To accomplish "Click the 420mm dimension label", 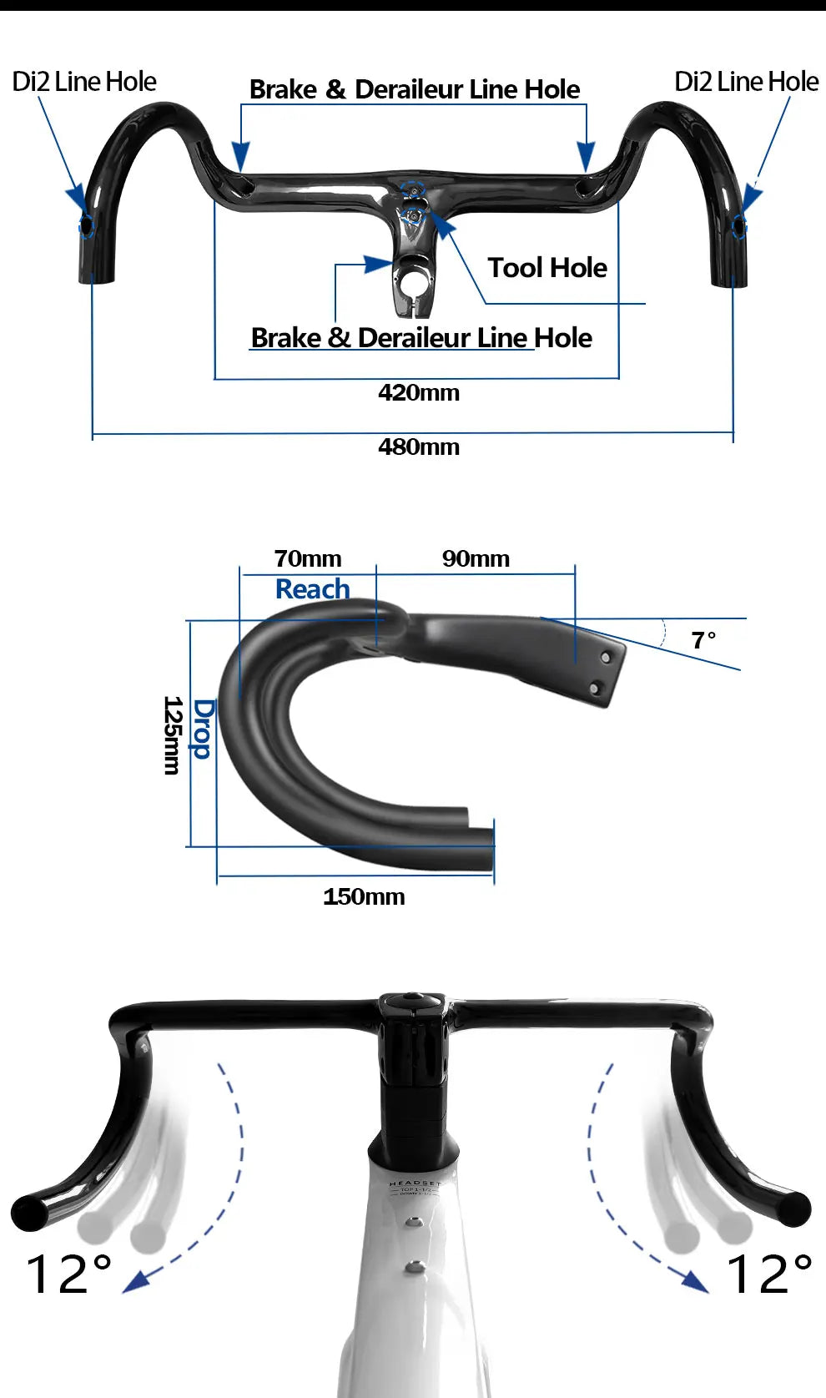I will [418, 392].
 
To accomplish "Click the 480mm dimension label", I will [418, 447].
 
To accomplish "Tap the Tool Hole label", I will [547, 268].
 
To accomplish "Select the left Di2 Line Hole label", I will [83, 82].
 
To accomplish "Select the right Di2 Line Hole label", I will [746, 82].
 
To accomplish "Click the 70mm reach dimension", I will [307, 558].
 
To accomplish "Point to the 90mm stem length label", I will [476, 558].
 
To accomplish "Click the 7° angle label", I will [703, 640].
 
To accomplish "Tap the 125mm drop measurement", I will [172, 734].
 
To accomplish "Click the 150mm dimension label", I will [364, 896].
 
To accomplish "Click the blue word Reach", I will [312, 589].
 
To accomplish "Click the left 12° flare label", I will [68, 1274].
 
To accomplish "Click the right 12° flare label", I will [768, 1274].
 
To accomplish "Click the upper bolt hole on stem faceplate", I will [606, 658].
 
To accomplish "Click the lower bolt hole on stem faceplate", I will [594, 688].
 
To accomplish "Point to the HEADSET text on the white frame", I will [414, 1184].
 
